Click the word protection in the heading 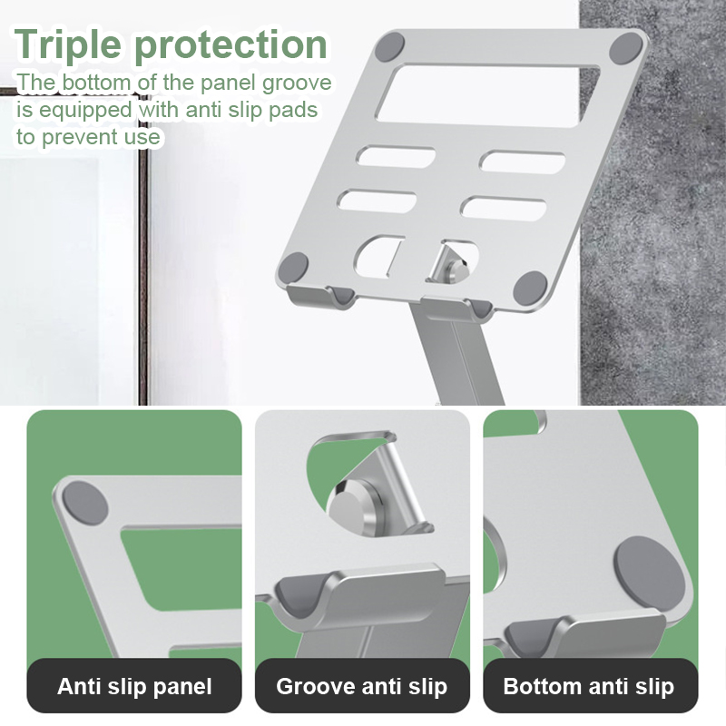pyautogui.click(x=231, y=44)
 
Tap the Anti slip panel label pyautogui.click(x=134, y=686)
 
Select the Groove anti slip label pyautogui.click(x=361, y=686)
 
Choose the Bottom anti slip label pyautogui.click(x=588, y=686)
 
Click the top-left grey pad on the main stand pyautogui.click(x=389, y=47)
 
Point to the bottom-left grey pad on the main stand pyautogui.click(x=292, y=267)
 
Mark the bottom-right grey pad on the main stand pyautogui.click(x=531, y=288)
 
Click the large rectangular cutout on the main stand pyautogui.click(x=487, y=95)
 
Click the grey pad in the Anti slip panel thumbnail pyautogui.click(x=85, y=503)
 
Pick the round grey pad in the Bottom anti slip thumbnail pyautogui.click(x=650, y=574)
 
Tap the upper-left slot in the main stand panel pyautogui.click(x=396, y=157)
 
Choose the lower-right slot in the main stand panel pyautogui.click(x=504, y=209)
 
